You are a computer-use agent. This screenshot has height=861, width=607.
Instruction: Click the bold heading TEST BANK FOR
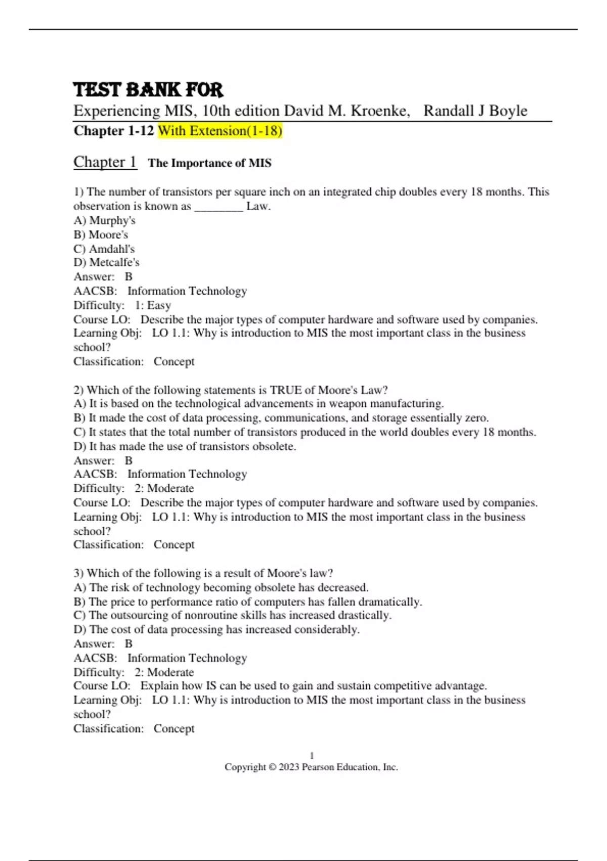(x=148, y=90)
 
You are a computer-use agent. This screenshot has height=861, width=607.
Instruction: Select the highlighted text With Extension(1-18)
(x=220, y=131)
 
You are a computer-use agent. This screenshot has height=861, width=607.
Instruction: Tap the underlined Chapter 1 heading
(x=105, y=162)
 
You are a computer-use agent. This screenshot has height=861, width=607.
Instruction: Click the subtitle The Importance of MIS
(x=209, y=163)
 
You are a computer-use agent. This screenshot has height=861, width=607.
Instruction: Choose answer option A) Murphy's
(x=104, y=220)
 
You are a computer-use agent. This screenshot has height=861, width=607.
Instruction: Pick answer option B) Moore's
(x=101, y=234)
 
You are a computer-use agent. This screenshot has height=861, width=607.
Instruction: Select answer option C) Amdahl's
(x=104, y=249)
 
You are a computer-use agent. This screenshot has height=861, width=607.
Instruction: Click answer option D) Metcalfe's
(x=106, y=262)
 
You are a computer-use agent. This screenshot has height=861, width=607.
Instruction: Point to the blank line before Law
(x=219, y=207)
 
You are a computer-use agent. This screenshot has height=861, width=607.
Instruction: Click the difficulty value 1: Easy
(x=153, y=305)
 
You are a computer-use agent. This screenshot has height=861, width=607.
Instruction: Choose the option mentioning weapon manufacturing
(x=258, y=404)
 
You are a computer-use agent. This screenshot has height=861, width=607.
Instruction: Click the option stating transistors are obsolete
(x=185, y=446)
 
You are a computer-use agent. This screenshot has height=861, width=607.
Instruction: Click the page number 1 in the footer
(x=312, y=755)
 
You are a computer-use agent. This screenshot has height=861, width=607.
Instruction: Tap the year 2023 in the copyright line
(x=289, y=767)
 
